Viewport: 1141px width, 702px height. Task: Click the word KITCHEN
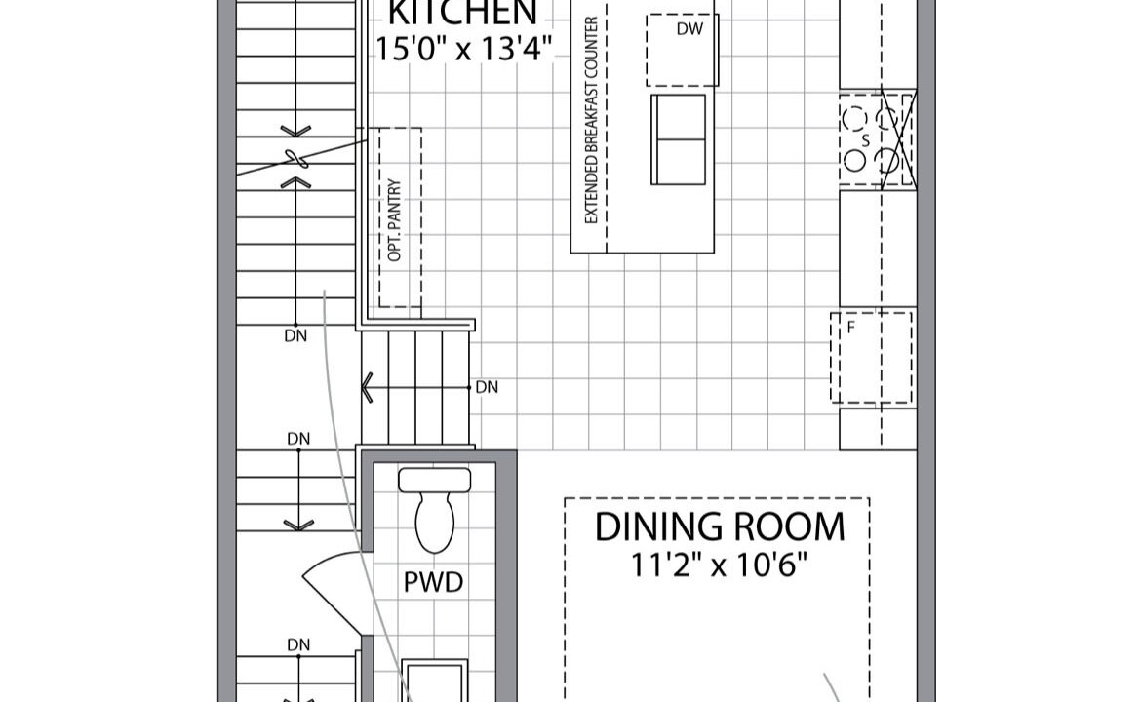(463, 13)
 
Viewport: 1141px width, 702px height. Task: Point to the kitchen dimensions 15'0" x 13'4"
(463, 48)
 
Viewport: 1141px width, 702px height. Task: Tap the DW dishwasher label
(689, 29)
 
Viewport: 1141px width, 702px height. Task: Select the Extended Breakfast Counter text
(591, 120)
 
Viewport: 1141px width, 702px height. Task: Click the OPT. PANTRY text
(395, 220)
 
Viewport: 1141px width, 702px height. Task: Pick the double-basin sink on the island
(678, 139)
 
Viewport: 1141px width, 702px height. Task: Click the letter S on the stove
(866, 141)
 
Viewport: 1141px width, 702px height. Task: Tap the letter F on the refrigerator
(850, 328)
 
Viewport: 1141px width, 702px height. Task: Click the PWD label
(433, 583)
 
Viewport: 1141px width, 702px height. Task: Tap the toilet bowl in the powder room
(434, 523)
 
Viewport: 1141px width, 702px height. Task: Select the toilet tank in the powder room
(434, 480)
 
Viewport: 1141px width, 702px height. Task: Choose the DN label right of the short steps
(487, 388)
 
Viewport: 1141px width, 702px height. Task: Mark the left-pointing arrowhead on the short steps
(367, 388)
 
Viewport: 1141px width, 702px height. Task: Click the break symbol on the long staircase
(295, 158)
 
